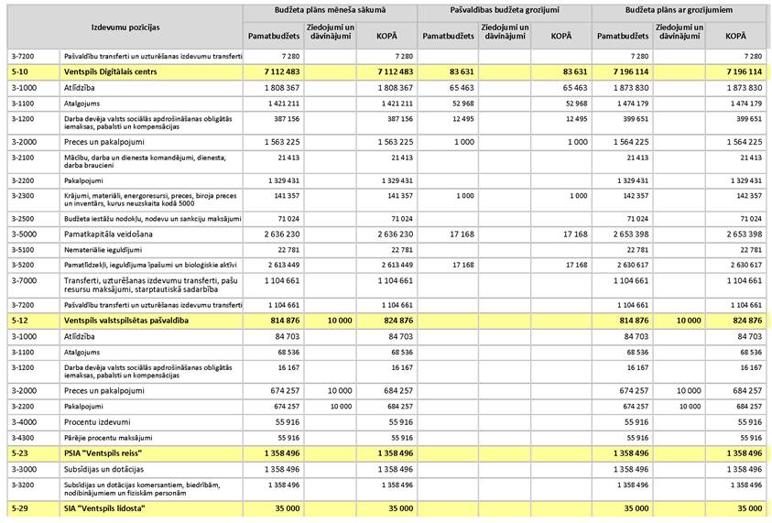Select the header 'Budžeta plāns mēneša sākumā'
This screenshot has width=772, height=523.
pos(330,10)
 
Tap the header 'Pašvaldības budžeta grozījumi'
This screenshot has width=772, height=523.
pos(504,10)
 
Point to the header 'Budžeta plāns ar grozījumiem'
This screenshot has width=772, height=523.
pos(678,10)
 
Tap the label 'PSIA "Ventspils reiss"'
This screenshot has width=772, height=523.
pos(103,453)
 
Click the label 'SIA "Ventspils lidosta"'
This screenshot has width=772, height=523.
pos(104,507)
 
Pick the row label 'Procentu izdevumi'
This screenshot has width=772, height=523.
pos(102,421)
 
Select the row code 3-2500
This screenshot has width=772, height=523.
pos(24,219)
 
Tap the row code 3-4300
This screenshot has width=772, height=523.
pos(24,438)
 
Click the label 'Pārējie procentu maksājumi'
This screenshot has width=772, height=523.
pos(108,438)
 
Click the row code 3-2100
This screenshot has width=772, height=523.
pos(24,158)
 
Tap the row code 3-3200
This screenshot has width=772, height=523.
pos(24,487)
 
